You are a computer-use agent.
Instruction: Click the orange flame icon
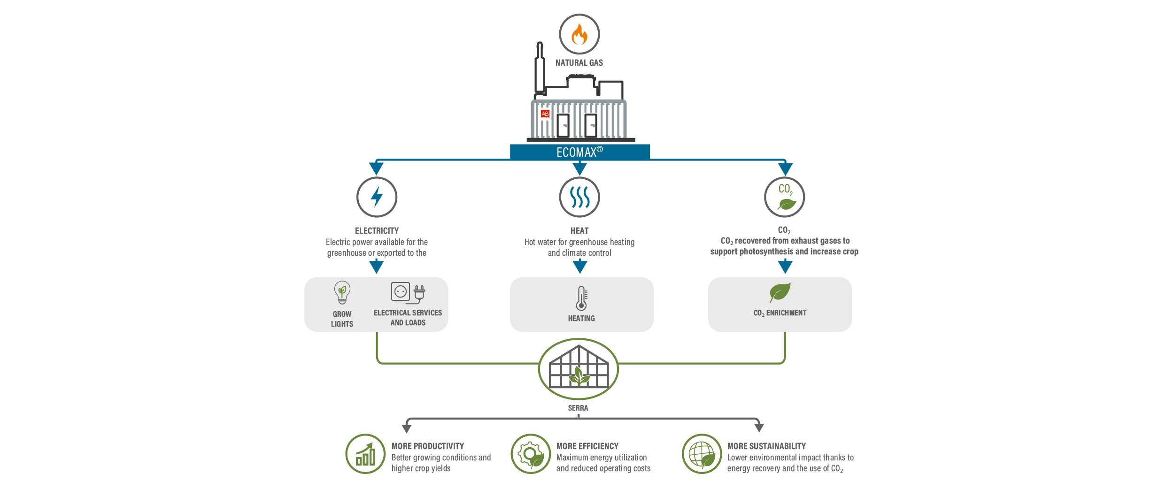tap(579, 34)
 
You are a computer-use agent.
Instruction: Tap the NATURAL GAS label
tap(579, 63)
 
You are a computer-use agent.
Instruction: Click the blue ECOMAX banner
tap(580, 152)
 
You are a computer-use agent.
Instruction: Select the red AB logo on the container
tap(545, 114)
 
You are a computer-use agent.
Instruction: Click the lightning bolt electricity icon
tap(377, 197)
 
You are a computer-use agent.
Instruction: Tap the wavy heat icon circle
tap(579, 197)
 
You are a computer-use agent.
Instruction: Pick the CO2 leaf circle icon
tap(785, 197)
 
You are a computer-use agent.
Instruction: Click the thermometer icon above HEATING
tap(581, 298)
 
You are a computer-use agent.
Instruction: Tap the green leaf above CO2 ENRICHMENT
tap(780, 292)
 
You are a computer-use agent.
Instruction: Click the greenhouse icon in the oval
tap(578, 369)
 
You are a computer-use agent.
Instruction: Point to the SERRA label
tap(578, 408)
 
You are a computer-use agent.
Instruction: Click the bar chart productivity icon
tap(365, 454)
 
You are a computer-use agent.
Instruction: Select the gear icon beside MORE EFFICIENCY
tap(531, 454)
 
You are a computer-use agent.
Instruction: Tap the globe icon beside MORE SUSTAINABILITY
tap(702, 454)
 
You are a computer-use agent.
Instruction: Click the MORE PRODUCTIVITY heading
tap(428, 446)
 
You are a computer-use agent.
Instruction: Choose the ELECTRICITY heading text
tap(377, 231)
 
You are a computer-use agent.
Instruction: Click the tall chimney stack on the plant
tap(540, 68)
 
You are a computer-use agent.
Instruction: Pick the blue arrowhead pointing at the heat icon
tap(580, 168)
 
